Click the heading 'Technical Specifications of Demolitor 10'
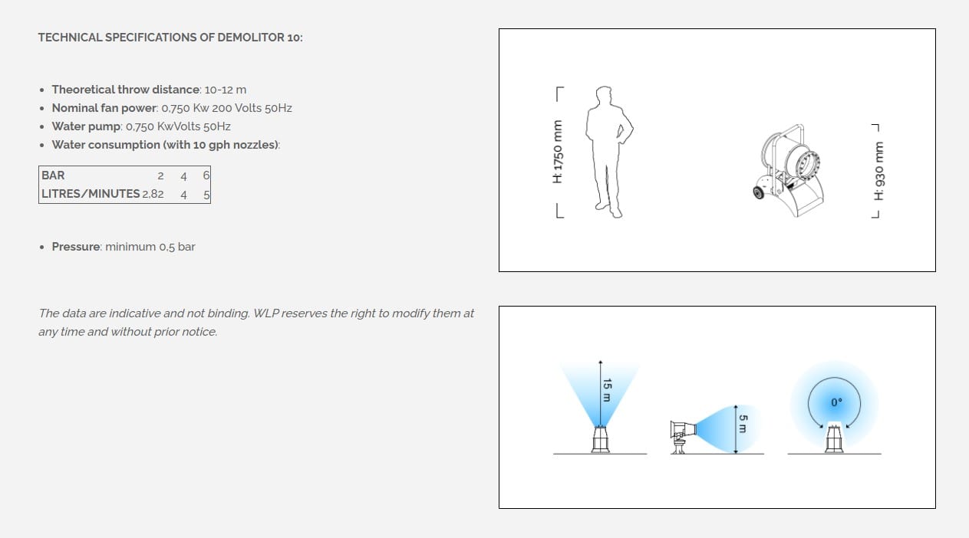tap(170, 38)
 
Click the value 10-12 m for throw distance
tap(226, 90)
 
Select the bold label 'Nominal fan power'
tap(104, 108)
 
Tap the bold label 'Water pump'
tap(86, 126)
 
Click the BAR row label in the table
tap(53, 176)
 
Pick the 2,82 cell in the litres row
tap(153, 194)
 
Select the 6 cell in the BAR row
tap(206, 176)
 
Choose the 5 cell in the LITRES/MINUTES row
tap(207, 195)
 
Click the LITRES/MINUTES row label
tap(91, 194)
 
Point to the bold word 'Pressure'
tap(76, 247)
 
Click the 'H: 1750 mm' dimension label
tap(558, 152)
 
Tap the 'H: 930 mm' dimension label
tap(878, 171)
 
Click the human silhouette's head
tap(604, 94)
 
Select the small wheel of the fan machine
tap(759, 192)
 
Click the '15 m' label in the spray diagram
tap(607, 390)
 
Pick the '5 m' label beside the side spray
tap(743, 424)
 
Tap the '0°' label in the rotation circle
tap(836, 402)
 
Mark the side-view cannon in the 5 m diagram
tap(683, 436)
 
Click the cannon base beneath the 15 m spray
tap(601, 440)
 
